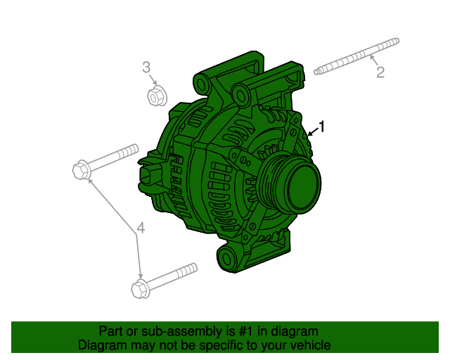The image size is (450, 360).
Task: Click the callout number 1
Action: [323, 127]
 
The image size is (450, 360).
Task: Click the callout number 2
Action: [380, 72]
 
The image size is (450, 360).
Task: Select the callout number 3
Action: [146, 67]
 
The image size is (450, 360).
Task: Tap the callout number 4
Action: [141, 228]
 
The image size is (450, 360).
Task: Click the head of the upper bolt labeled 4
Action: [80, 169]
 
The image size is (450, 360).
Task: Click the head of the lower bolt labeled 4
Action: [139, 288]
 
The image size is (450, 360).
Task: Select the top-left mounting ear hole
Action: [202, 85]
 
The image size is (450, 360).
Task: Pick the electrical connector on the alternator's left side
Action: [150, 174]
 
